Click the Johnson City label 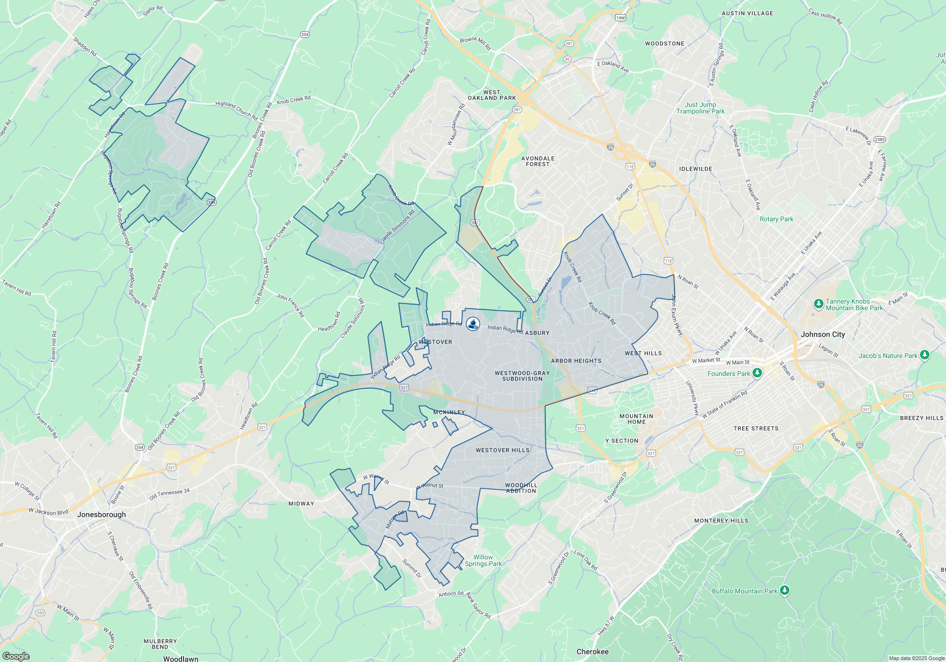pos(823,334)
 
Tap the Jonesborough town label pos(101,514)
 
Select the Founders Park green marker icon pos(757,373)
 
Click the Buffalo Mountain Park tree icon pos(784,591)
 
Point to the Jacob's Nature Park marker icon pos(925,355)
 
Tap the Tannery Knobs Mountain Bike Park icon pos(819,304)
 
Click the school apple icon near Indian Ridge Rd pos(473,324)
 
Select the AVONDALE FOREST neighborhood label pos(538,161)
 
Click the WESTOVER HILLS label pos(502,450)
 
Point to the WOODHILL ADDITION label pos(521,488)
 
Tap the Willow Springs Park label pos(483,560)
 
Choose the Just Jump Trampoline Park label pos(700,108)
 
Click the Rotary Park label pos(776,219)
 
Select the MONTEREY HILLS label pos(721,521)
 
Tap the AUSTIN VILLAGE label pos(747,13)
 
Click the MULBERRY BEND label pos(160,644)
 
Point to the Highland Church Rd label pos(236,110)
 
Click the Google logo pos(16,656)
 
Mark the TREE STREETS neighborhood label pos(756,428)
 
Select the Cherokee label pos(592,652)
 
